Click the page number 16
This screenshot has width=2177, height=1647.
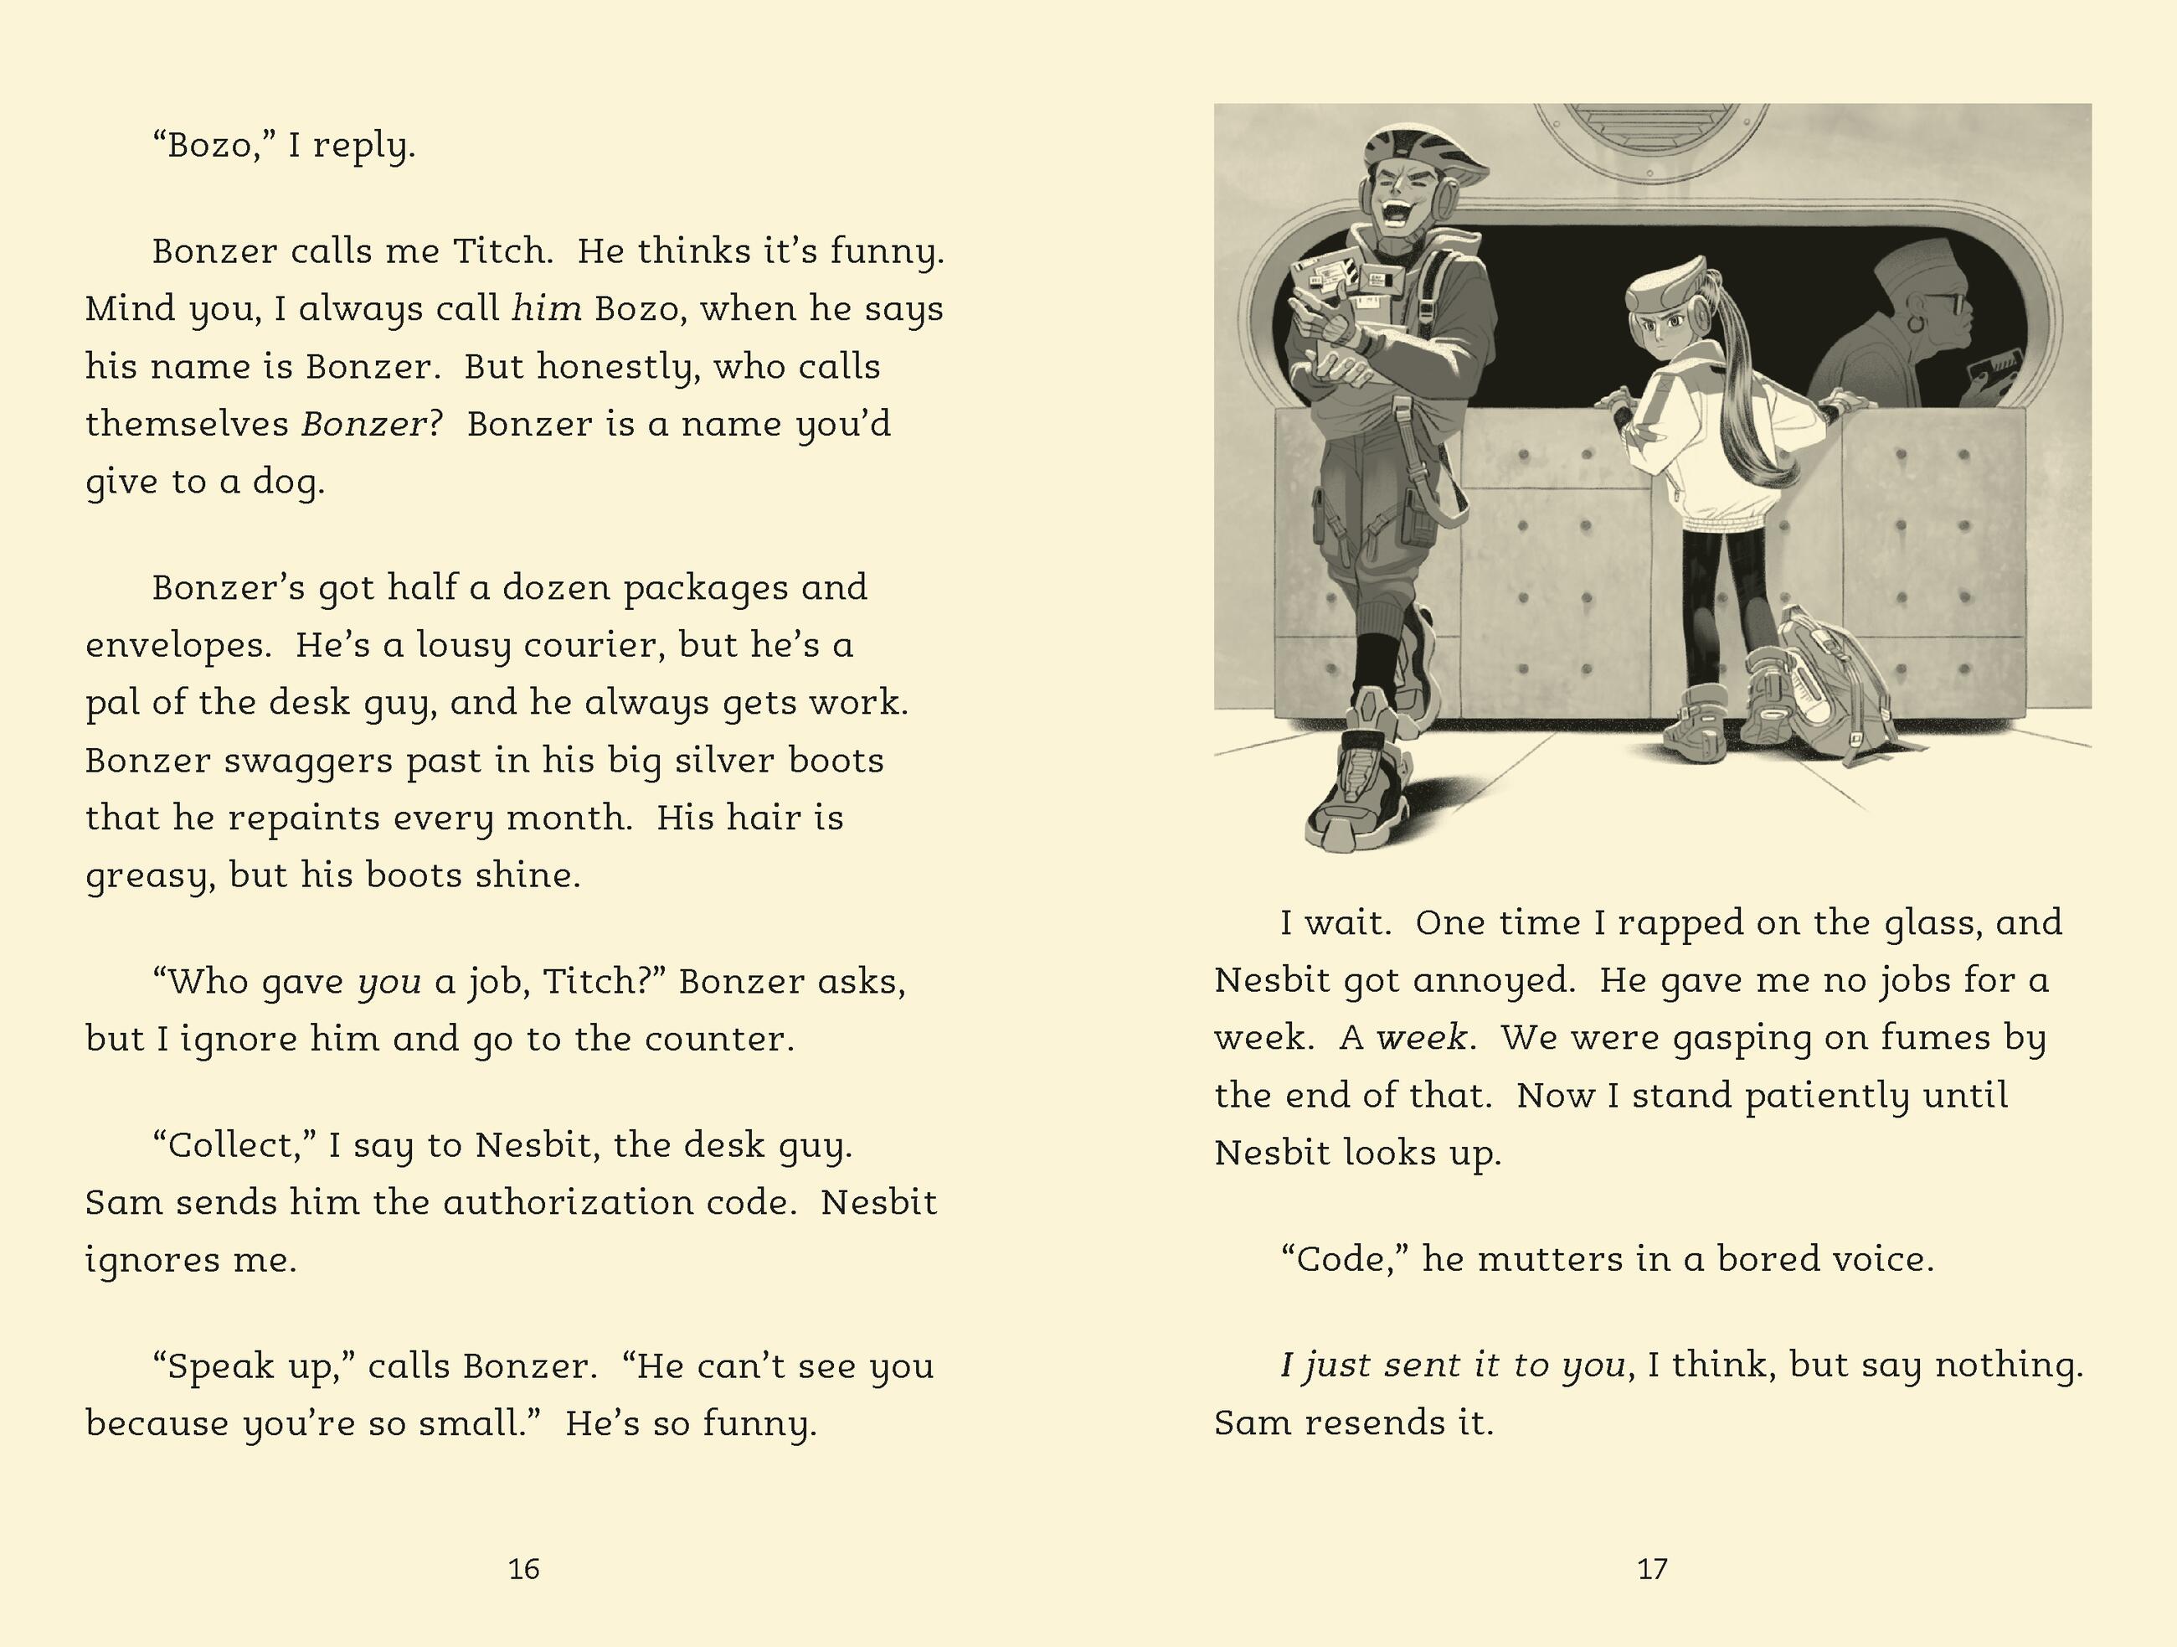coord(523,1568)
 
